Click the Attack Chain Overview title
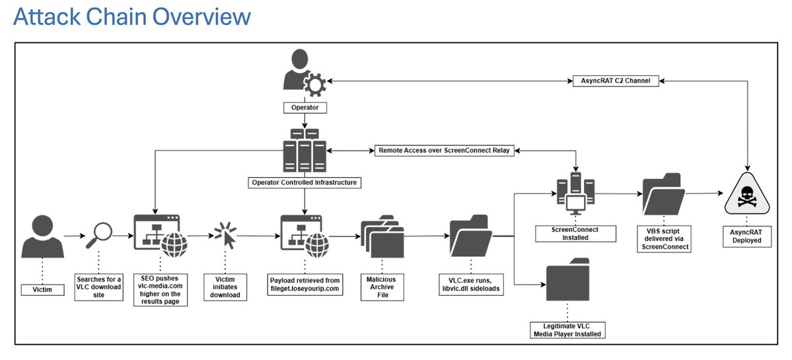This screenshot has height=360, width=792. coord(132,17)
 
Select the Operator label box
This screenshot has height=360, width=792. coord(305,106)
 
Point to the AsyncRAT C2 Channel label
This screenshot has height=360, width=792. coord(615,81)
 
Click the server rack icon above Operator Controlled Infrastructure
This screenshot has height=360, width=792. coord(305,151)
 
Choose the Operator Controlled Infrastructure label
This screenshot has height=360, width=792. coord(305,182)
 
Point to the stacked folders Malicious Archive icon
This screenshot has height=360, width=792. coord(381,236)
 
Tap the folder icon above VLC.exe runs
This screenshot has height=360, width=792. coord(470,237)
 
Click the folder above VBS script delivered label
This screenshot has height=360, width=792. coord(663,193)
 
